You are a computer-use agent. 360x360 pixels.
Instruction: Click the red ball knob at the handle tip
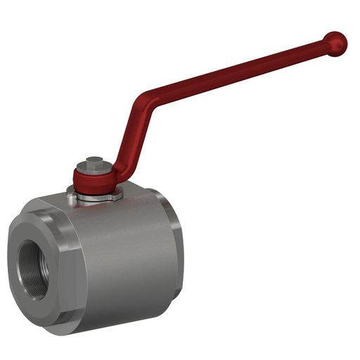pos(335,44)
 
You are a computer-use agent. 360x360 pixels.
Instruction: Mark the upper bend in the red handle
pos(145,98)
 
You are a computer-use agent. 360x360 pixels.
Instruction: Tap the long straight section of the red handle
pos(232,70)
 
